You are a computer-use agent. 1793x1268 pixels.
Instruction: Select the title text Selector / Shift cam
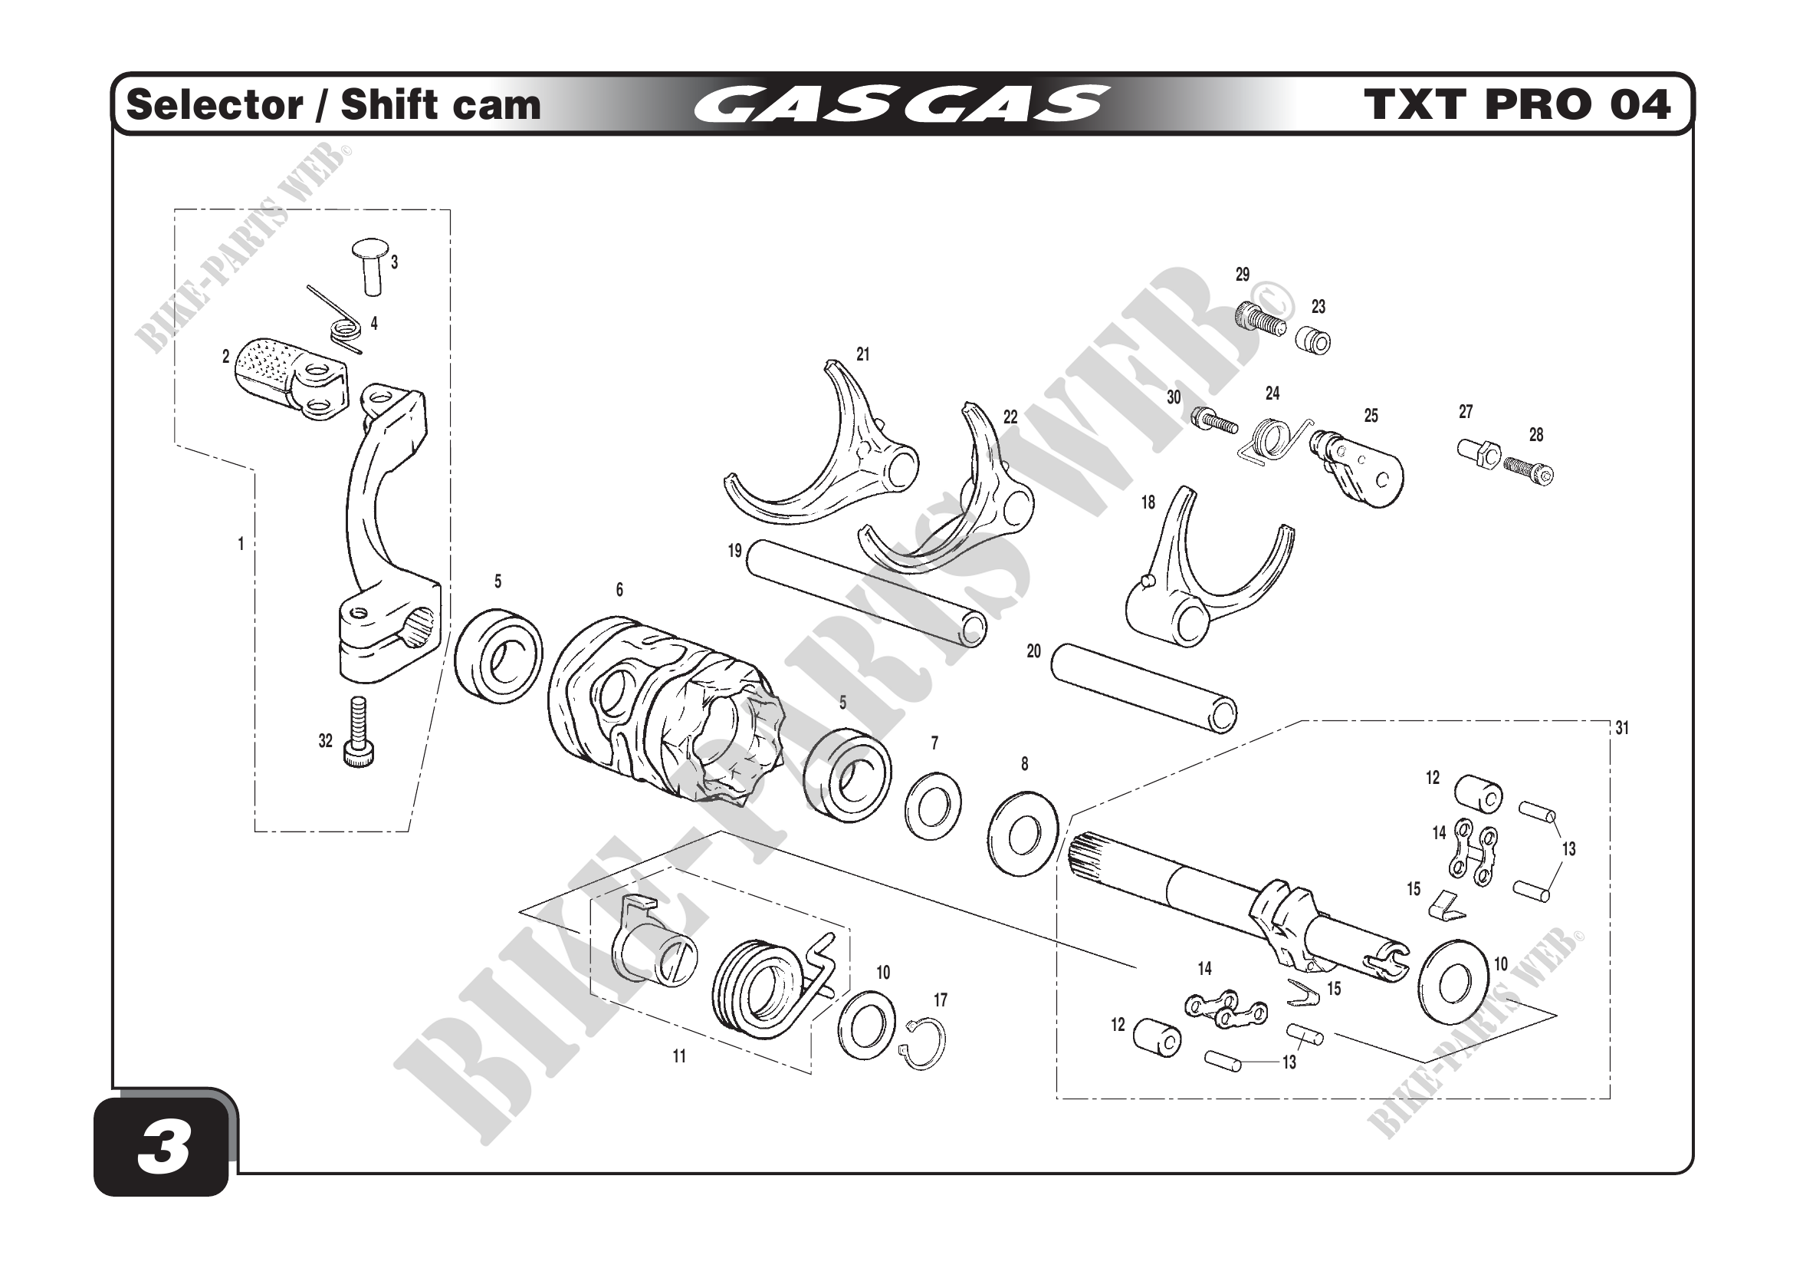pyautogui.click(x=333, y=104)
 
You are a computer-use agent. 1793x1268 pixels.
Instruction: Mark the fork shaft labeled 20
pyautogui.click(x=1144, y=687)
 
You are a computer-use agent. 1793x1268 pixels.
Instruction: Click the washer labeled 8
pyautogui.click(x=1023, y=834)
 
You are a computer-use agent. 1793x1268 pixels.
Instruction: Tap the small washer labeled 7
pyautogui.click(x=933, y=805)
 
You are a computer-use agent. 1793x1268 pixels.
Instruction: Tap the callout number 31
pyautogui.click(x=1622, y=728)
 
